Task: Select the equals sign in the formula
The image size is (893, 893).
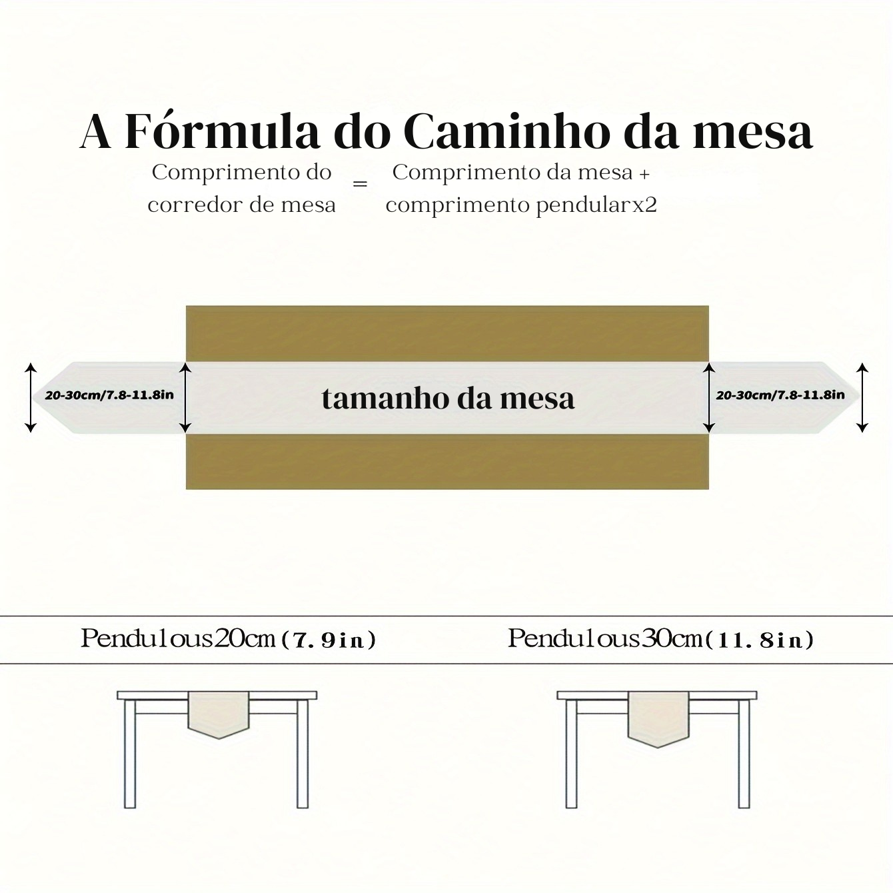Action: coord(360,184)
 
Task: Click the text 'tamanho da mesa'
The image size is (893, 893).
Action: coord(448,399)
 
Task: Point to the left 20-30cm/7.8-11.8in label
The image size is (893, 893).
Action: coord(109,395)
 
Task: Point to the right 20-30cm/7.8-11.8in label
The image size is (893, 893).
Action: coord(780,395)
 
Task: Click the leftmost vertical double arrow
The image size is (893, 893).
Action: coord(31,398)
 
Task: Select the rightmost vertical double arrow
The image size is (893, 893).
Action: coord(862,398)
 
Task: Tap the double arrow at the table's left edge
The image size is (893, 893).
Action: coord(185,398)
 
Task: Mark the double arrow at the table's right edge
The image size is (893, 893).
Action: coord(709,398)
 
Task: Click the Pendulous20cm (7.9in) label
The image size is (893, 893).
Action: coord(229,640)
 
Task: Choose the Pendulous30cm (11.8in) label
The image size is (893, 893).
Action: coord(661,640)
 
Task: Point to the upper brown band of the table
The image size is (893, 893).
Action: coord(447,334)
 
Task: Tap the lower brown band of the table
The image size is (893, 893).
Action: coord(447,462)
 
